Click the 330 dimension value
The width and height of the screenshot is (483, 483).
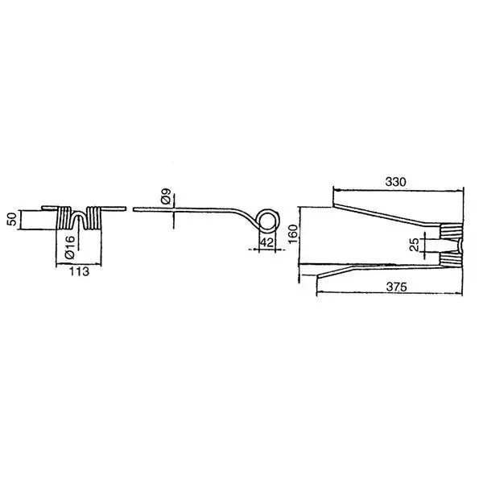point(395,182)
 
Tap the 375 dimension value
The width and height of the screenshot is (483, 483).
point(396,287)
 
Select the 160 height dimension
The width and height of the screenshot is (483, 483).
point(293,233)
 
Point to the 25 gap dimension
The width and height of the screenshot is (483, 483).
point(415,245)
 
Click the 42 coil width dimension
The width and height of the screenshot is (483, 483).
point(266,242)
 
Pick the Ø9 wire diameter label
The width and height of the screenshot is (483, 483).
point(166,196)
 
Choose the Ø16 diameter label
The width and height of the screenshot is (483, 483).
point(70,247)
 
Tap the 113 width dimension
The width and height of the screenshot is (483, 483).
point(79,272)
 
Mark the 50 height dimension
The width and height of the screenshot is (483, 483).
point(12,219)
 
